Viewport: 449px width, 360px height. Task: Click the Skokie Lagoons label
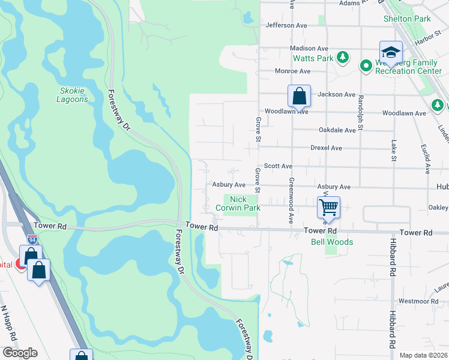pyautogui.click(x=73, y=95)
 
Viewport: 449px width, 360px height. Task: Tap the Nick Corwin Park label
pyautogui.click(x=243, y=203)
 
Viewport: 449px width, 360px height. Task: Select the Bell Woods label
pyautogui.click(x=331, y=242)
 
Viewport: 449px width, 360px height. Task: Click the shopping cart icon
pyautogui.click(x=328, y=208)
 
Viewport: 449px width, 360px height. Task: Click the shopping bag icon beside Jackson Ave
pyautogui.click(x=299, y=95)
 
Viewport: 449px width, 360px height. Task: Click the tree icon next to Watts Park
pyautogui.click(x=343, y=58)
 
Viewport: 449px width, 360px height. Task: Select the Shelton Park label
pyautogui.click(x=407, y=19)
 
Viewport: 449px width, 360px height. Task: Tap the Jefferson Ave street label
pyautogui.click(x=289, y=25)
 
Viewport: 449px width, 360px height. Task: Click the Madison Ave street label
pyautogui.click(x=309, y=48)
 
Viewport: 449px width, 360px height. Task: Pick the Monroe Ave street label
pyautogui.click(x=292, y=71)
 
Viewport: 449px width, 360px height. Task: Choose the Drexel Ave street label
pyautogui.click(x=326, y=148)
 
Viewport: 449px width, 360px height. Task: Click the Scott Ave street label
pyautogui.click(x=278, y=166)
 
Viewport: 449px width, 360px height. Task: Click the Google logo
pyautogui.click(x=20, y=353)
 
